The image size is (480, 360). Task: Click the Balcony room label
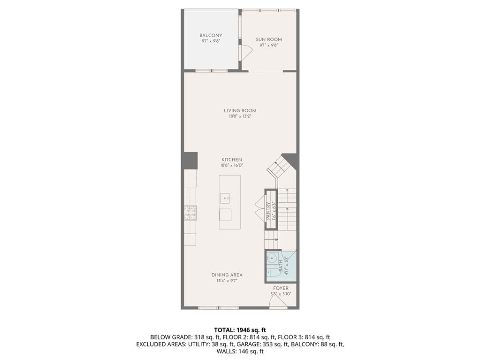(x=211, y=36)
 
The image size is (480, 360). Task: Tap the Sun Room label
(x=269, y=39)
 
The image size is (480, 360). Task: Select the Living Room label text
(x=240, y=111)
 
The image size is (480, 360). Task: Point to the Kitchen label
(x=232, y=160)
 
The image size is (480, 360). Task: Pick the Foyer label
(x=281, y=288)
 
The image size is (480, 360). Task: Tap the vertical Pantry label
(x=268, y=212)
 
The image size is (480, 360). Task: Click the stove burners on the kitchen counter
(x=190, y=213)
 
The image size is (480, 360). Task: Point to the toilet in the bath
(x=273, y=273)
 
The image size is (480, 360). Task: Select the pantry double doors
(x=259, y=209)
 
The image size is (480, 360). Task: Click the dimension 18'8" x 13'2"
(x=240, y=116)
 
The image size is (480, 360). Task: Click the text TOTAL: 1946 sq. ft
(x=240, y=330)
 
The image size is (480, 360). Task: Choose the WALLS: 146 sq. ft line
(x=240, y=351)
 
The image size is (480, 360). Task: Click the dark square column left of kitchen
(x=190, y=161)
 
